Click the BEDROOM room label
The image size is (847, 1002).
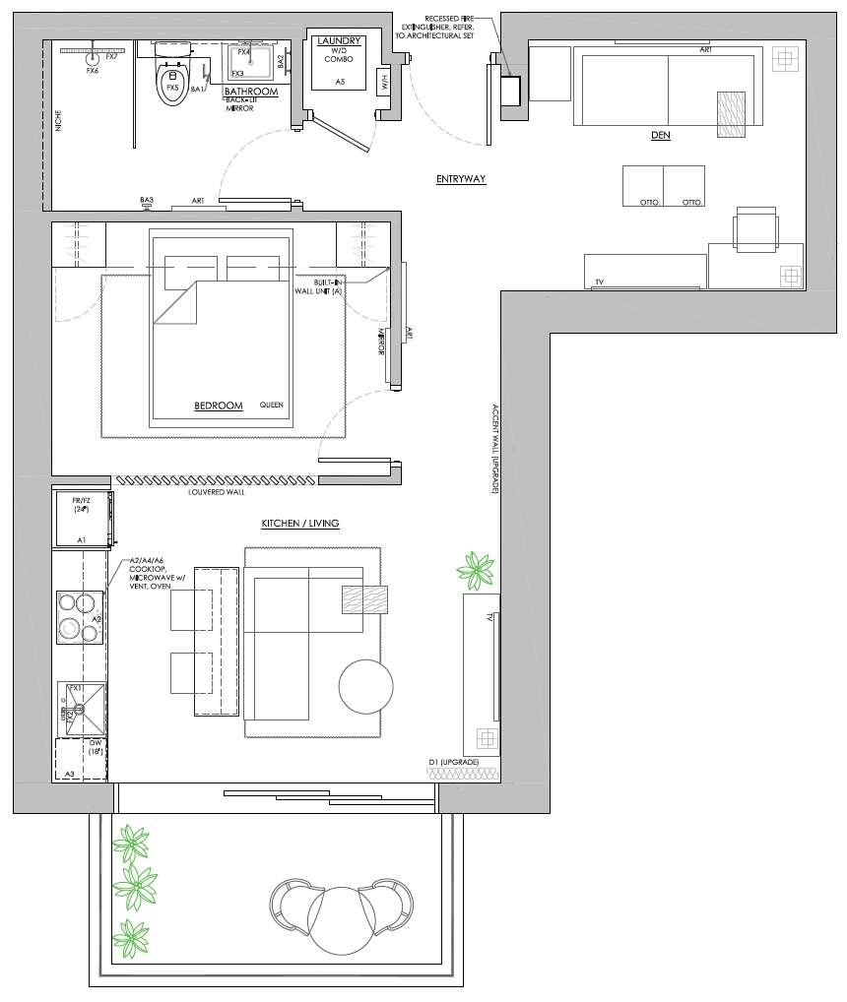click(218, 406)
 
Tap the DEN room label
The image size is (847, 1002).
click(660, 135)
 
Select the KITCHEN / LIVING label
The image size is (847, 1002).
click(300, 523)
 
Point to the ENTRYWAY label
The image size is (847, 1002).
click(462, 179)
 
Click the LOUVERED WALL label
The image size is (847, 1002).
click(216, 492)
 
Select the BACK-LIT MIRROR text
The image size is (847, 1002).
click(239, 104)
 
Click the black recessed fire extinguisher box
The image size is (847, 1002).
click(510, 92)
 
